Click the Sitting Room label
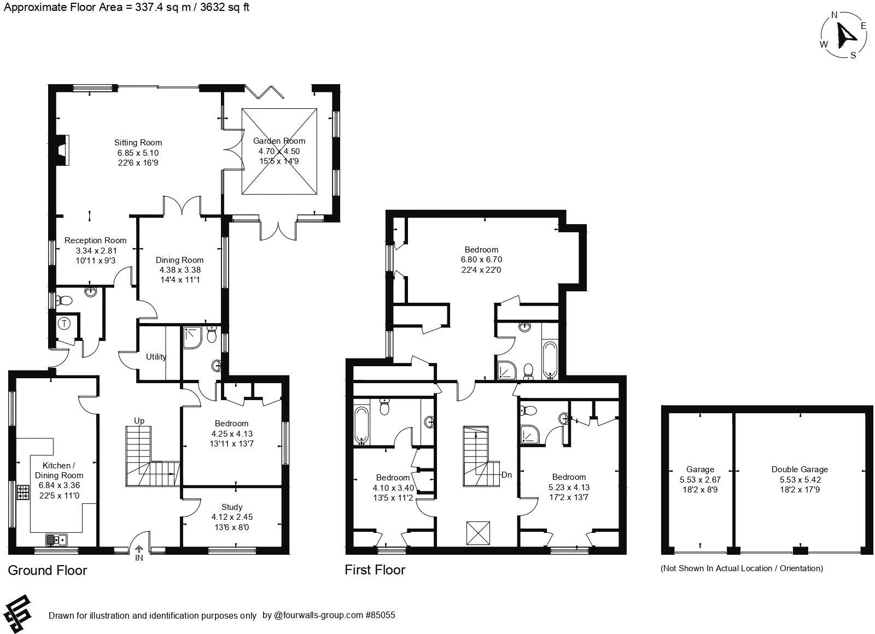click(138, 143)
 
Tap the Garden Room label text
click(279, 141)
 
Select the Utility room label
click(156, 357)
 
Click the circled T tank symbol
click(65, 324)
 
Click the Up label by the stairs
click(139, 420)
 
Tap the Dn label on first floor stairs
click(507, 475)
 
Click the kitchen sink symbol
click(56, 540)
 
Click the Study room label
click(232, 507)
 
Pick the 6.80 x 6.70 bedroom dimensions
click(481, 260)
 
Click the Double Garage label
click(800, 469)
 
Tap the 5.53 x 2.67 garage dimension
click(700, 479)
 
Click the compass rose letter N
click(835, 15)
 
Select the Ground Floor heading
click(48, 571)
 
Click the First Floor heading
click(375, 570)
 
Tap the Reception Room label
click(95, 240)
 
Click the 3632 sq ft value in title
click(224, 8)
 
